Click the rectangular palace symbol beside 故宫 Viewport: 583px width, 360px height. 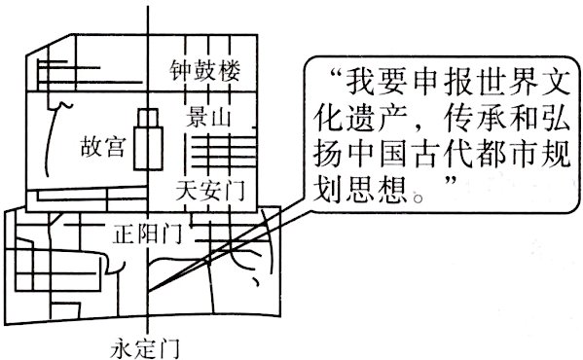tap(147, 138)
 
